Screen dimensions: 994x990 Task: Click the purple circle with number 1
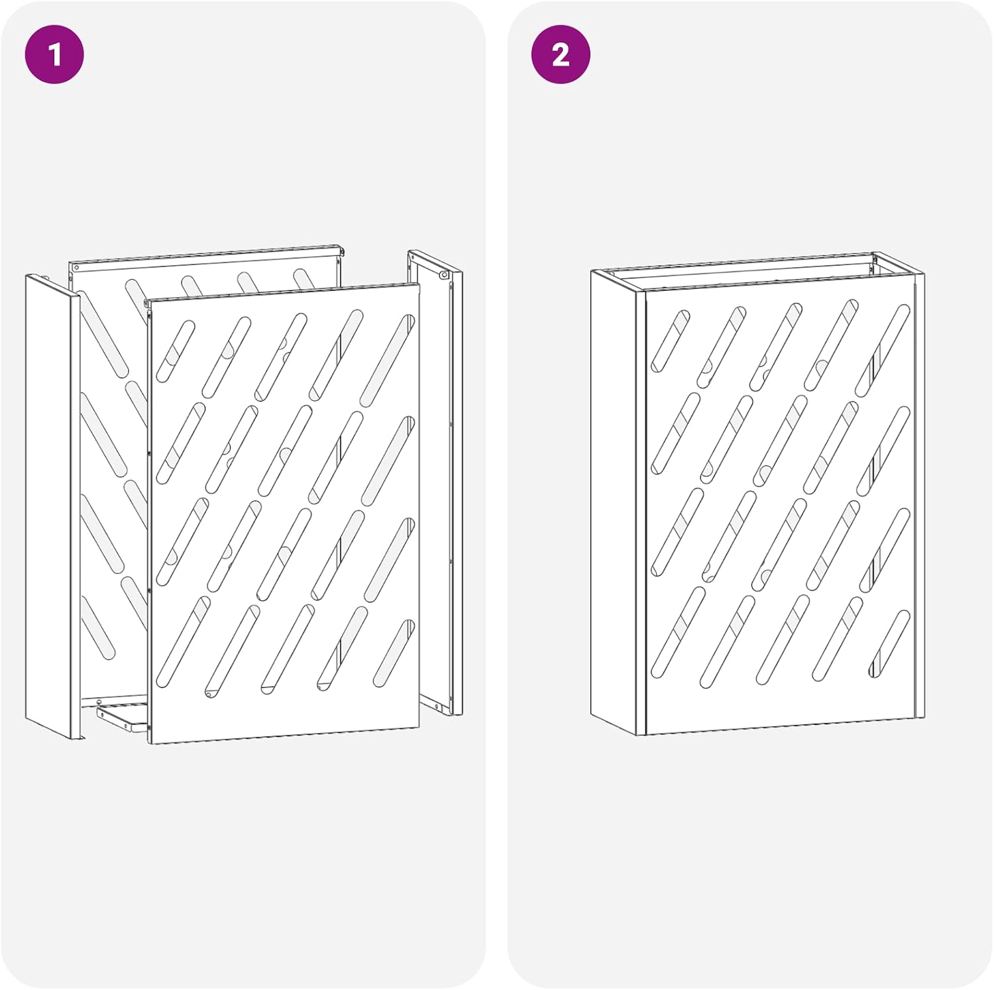[54, 54]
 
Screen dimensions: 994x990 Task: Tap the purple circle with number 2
[561, 54]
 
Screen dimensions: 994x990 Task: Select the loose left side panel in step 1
[53, 507]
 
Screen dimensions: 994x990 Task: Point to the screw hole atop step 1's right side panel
[444, 274]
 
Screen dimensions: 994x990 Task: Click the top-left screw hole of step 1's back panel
[77, 268]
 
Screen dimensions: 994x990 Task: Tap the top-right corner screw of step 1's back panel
[341, 250]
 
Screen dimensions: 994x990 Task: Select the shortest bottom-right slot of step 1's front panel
[394, 653]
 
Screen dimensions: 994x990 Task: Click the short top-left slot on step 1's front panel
[176, 352]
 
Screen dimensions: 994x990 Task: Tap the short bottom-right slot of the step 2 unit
[889, 643]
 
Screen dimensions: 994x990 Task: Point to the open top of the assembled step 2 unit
[755, 272]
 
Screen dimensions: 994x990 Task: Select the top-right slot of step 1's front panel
[388, 360]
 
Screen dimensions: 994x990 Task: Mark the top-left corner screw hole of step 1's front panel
[146, 304]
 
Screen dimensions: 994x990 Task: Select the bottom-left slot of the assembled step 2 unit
[678, 632]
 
